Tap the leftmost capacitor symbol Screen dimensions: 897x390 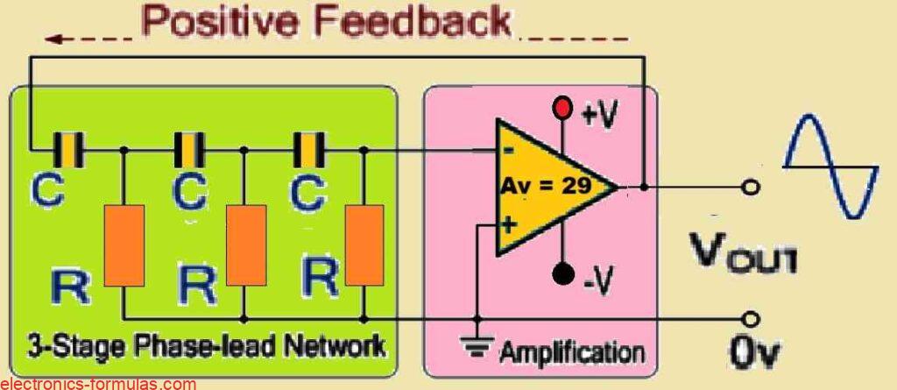pyautogui.click(x=68, y=150)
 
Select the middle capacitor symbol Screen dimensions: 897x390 pyautogui.click(x=189, y=150)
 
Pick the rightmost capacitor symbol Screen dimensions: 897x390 pyautogui.click(x=309, y=150)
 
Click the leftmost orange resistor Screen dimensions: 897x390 pyautogui.click(x=124, y=245)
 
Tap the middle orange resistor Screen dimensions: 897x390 pyautogui.click(x=246, y=245)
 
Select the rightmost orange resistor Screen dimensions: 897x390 pyautogui.click(x=364, y=245)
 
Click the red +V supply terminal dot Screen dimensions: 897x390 pyautogui.click(x=563, y=109)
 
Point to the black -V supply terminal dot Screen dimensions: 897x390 pyautogui.click(x=563, y=273)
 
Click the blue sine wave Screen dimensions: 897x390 pyautogui.click(x=830, y=167)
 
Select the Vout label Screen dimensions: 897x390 pyautogui.click(x=741, y=252)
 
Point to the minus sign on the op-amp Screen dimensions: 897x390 pyautogui.click(x=509, y=151)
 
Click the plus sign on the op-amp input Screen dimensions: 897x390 pyautogui.click(x=507, y=225)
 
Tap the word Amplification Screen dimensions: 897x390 pyautogui.click(x=572, y=352)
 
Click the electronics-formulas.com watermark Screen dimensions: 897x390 pyautogui.click(x=98, y=384)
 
